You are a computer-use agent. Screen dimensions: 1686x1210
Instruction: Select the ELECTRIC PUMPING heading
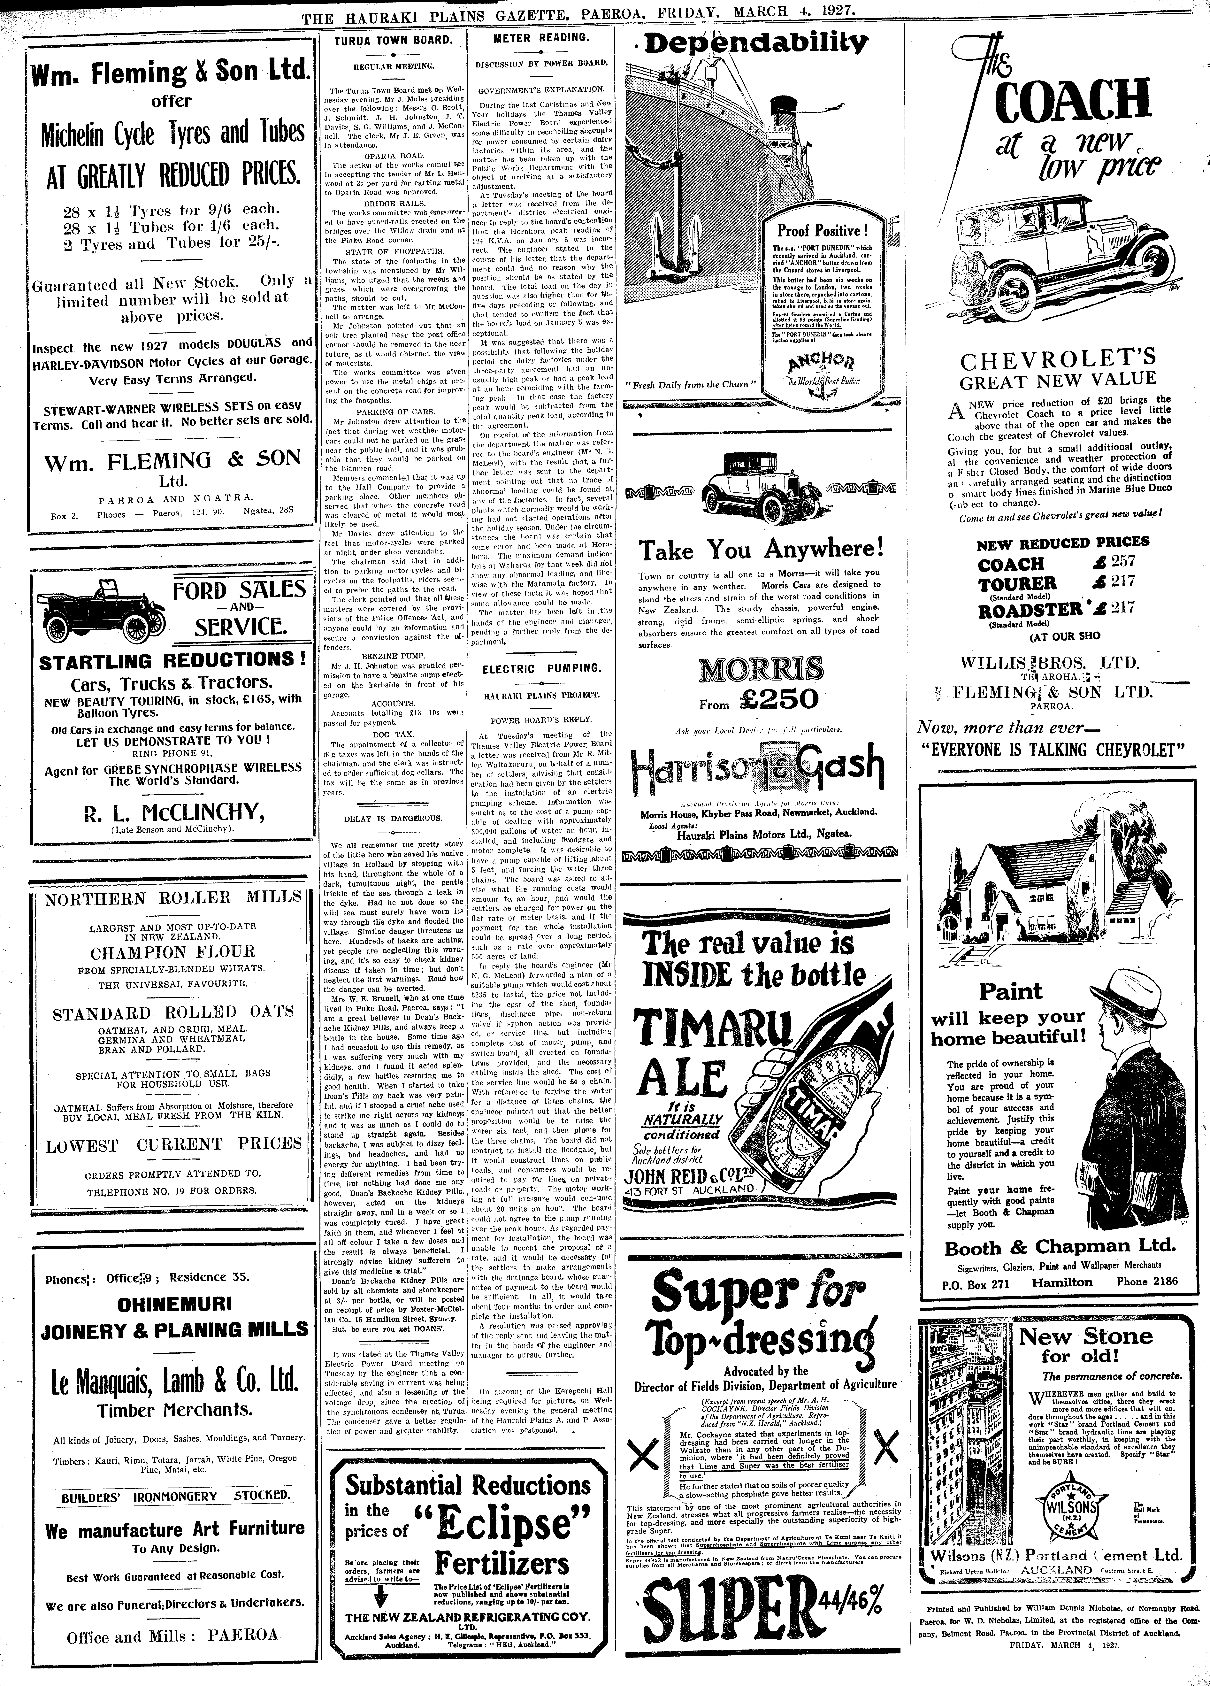542,668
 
